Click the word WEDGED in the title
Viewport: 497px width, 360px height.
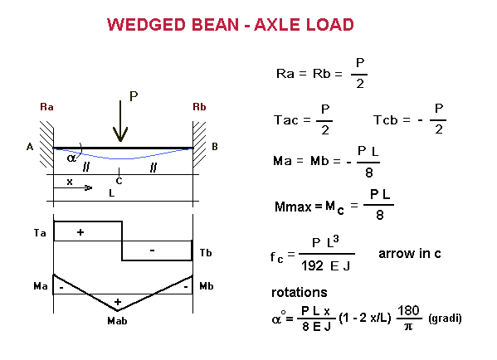pos(146,25)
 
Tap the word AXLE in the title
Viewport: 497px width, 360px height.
pos(277,25)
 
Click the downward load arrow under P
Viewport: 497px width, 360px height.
pos(120,121)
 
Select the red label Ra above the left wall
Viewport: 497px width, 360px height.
pos(46,107)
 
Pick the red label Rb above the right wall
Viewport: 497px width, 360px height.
pos(199,107)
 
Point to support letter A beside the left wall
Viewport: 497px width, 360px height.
pos(30,147)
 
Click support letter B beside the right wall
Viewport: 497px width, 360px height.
pos(215,147)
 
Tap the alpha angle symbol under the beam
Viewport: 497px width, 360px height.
pos(71,158)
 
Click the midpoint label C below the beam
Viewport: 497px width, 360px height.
pos(119,181)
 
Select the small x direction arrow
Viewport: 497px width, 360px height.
pos(72,188)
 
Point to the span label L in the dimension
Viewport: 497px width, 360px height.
pos(111,192)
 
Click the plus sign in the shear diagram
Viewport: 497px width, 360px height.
pos(80,232)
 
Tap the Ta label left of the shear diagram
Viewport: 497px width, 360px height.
pos(40,233)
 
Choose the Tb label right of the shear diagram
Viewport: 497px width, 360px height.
pos(206,252)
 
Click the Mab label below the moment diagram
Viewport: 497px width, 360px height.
pos(117,321)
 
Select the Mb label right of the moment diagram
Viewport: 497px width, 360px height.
pos(207,286)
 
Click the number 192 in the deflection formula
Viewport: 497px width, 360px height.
pos(312,265)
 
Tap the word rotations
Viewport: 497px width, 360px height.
pos(300,292)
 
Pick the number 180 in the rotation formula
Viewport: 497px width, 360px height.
pos(408,310)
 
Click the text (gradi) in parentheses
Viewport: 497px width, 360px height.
pos(445,318)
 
